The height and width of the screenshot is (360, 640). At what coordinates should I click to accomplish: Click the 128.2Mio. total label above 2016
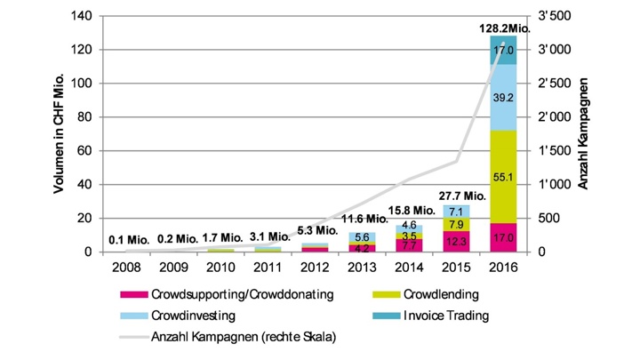click(503, 28)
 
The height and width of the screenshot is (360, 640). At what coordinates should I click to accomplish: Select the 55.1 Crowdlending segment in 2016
click(503, 177)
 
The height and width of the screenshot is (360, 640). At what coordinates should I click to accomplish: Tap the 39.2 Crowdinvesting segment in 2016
click(503, 98)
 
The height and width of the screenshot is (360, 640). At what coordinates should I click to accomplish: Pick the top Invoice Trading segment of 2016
click(503, 51)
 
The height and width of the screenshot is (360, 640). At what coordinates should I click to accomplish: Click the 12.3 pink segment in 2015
click(455, 241)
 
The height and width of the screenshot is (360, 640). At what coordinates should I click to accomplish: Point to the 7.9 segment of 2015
click(455, 223)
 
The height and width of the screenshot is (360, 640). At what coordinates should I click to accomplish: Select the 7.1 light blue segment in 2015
click(455, 211)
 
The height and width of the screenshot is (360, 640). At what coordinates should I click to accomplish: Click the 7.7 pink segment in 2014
click(407, 244)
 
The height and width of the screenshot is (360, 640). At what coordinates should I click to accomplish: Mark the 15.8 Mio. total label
click(409, 211)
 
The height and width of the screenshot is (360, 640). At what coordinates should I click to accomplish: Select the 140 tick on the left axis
click(80, 17)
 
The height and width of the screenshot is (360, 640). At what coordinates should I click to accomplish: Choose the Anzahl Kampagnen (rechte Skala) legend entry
click(238, 336)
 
